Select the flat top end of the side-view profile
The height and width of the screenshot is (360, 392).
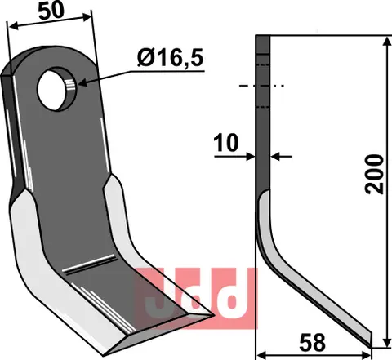point(262,36)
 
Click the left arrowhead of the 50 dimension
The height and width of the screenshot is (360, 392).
point(11,27)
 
